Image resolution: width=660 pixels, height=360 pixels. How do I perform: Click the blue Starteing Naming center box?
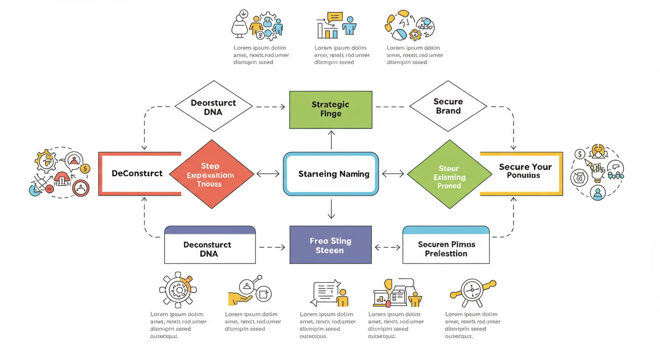point(331,174)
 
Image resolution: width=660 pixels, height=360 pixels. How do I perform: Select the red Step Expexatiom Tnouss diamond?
point(211,174)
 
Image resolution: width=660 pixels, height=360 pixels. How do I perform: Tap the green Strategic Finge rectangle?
point(330,110)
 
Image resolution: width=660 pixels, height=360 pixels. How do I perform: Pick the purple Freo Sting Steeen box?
point(330,245)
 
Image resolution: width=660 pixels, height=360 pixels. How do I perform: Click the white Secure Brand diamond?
point(448,106)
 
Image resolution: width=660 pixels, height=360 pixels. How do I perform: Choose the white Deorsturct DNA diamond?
point(213,107)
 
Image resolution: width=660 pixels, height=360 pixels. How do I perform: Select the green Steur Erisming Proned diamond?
point(449,177)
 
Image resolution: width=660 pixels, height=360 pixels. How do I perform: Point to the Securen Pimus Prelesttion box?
point(446,249)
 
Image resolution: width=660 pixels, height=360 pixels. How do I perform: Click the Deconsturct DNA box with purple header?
point(210,249)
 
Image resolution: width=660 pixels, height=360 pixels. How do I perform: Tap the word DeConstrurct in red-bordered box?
point(137,173)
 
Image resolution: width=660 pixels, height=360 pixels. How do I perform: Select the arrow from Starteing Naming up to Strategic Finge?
point(331,140)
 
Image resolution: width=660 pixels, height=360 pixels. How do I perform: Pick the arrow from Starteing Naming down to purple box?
point(331,209)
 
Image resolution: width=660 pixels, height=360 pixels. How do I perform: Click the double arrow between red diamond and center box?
point(268,174)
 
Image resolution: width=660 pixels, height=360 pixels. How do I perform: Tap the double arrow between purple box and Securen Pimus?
point(387,247)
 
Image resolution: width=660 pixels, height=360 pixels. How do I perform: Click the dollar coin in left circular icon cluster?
point(85,169)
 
